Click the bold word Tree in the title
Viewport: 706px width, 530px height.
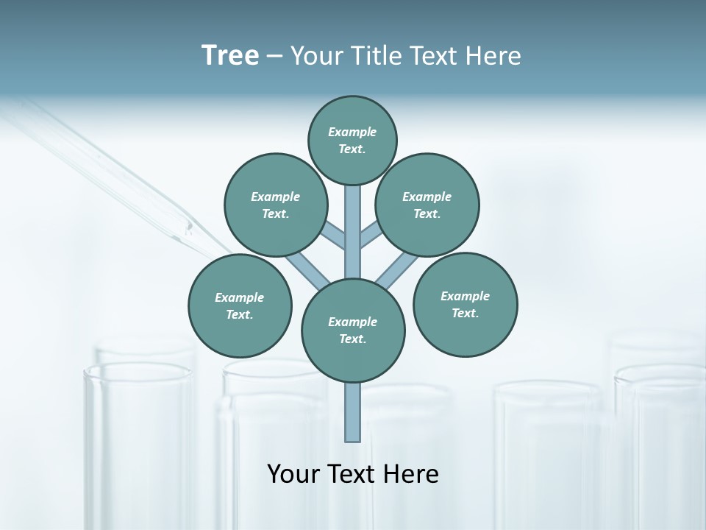tap(230, 56)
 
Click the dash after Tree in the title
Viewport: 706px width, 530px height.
tap(274, 57)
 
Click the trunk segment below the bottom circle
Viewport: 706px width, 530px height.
tap(353, 412)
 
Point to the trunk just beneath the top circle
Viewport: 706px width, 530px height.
tap(353, 213)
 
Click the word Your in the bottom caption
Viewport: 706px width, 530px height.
tap(293, 474)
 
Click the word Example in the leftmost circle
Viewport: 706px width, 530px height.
tap(239, 298)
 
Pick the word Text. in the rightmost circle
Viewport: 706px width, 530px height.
tap(465, 314)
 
